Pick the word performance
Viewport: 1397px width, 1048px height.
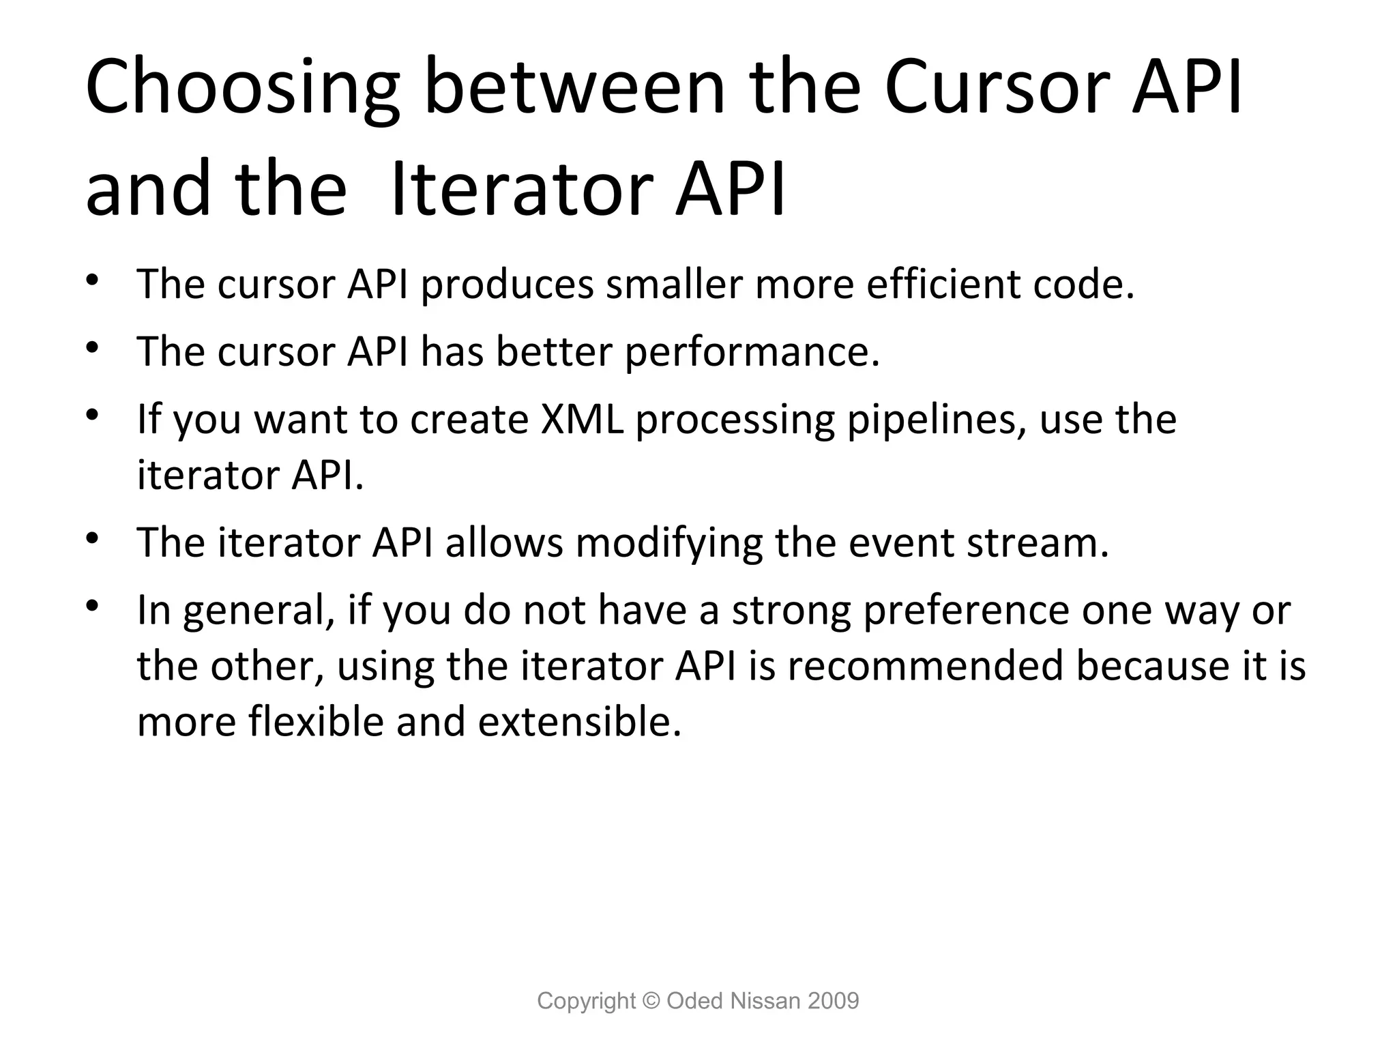coord(752,352)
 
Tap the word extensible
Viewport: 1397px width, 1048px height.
coord(579,722)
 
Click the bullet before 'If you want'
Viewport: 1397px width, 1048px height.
coord(93,415)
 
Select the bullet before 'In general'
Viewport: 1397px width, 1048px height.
coord(93,606)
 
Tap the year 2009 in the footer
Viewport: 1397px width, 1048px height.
coord(833,1001)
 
